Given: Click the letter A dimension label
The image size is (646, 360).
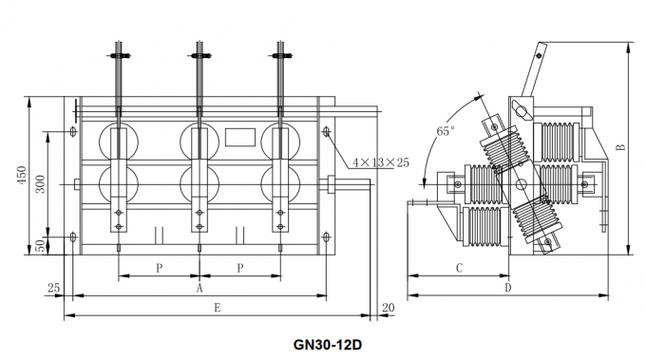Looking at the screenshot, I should [x=199, y=286].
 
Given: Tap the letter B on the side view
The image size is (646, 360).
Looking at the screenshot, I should [x=619, y=147].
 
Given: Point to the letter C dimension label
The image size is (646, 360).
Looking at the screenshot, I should [x=458, y=268].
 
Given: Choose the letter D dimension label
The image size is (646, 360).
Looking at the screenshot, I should [x=507, y=287].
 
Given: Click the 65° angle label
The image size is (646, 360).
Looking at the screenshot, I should [x=446, y=131].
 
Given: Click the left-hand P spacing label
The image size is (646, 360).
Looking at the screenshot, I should [x=159, y=268].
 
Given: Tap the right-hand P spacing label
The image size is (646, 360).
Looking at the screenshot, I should [x=240, y=268].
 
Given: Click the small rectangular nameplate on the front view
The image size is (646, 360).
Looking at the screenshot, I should [x=238, y=137].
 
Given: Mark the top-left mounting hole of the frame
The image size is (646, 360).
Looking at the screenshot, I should [x=74, y=129].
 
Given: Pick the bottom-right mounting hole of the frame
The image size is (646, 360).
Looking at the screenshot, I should [x=327, y=236].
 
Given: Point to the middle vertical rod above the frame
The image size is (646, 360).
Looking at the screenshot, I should [x=200, y=71].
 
